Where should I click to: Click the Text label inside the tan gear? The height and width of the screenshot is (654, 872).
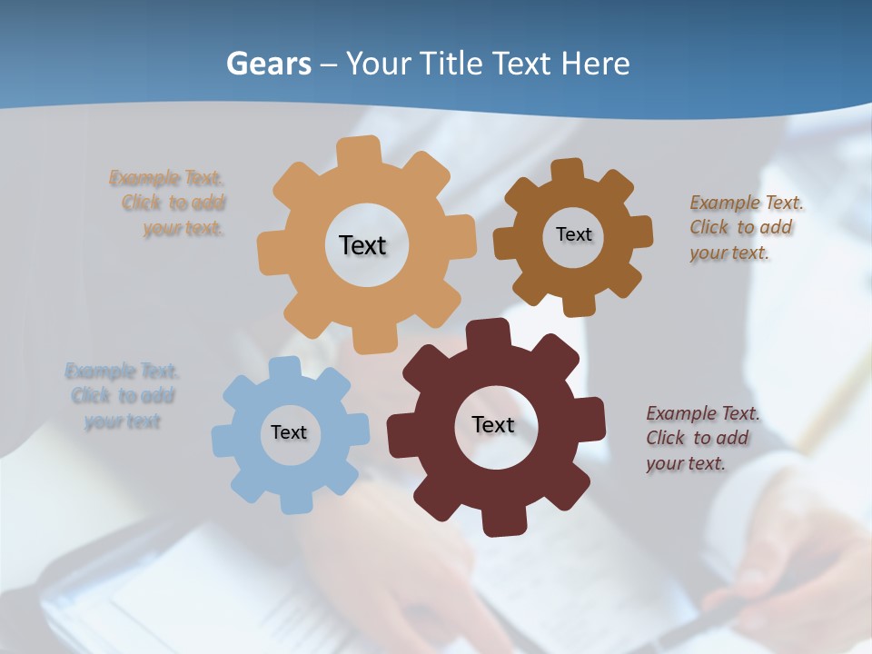coord(362,245)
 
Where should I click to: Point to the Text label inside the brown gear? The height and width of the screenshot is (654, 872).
coord(573,234)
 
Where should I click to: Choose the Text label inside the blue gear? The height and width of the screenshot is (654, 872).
coord(289,432)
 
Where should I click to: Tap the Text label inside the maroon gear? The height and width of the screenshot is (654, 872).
coord(493,424)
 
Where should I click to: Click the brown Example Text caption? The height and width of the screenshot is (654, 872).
coord(746,227)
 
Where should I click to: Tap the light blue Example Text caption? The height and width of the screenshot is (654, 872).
coord(122,396)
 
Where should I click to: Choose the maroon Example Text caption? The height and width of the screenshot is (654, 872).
coord(702,438)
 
